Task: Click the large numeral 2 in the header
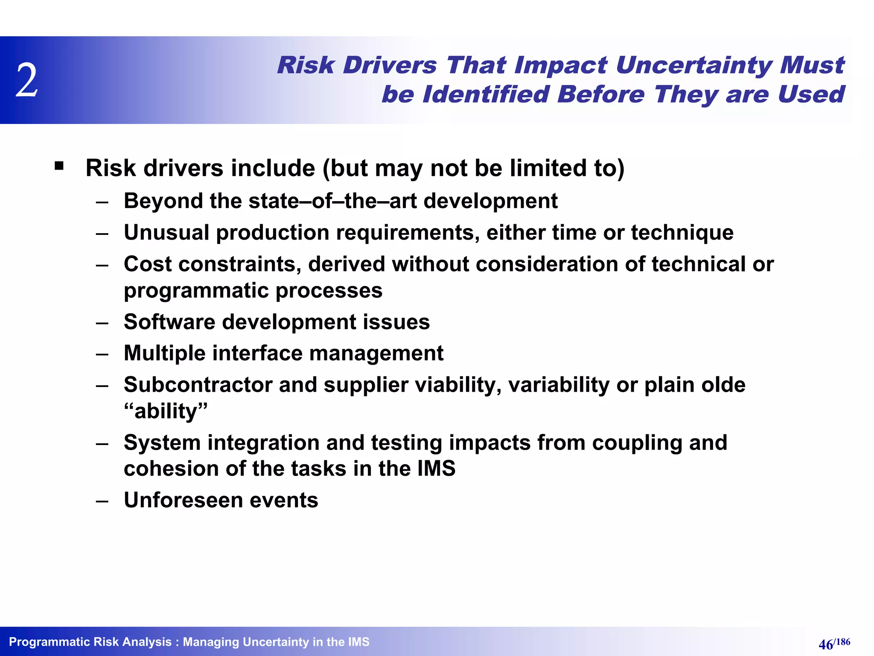click(x=27, y=80)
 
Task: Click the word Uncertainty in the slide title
click(x=693, y=65)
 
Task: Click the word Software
click(x=169, y=322)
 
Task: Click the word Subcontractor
click(x=198, y=385)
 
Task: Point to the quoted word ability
click(x=166, y=411)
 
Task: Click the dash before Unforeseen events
click(x=102, y=501)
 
